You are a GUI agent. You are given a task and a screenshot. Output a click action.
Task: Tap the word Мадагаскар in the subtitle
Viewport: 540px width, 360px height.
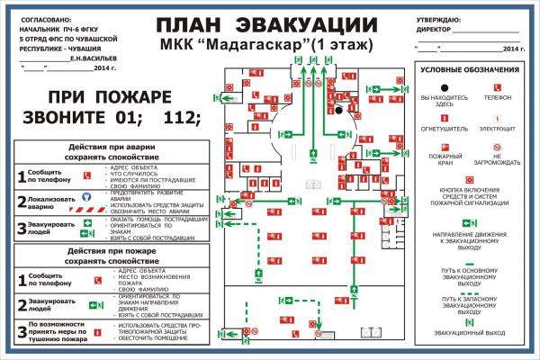coord(268,44)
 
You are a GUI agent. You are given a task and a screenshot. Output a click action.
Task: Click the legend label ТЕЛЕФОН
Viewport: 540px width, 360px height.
coord(497,97)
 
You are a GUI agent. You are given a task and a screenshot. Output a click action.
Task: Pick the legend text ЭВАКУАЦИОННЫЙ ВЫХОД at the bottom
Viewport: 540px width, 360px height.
coord(470,333)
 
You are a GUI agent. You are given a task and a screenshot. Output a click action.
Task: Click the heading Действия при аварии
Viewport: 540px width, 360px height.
coord(112,147)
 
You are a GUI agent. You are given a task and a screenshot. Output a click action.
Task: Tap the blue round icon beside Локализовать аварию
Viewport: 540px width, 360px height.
coord(87,195)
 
